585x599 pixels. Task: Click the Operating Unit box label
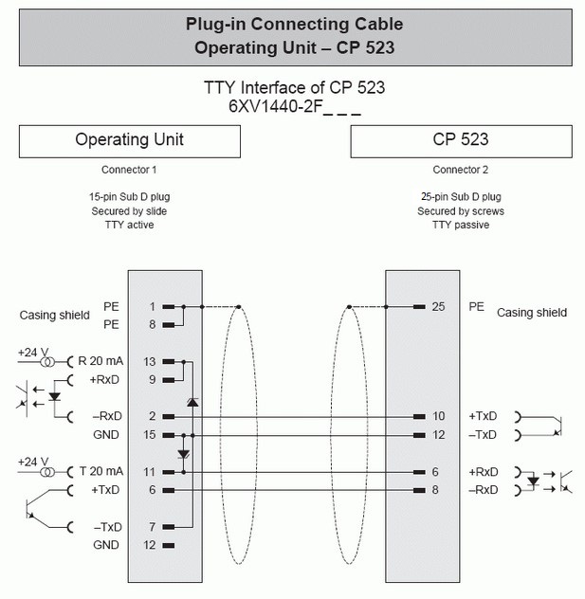click(129, 140)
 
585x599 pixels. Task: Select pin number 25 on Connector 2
click(437, 307)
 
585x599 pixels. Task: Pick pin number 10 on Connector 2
click(437, 416)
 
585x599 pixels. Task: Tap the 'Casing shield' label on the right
click(532, 312)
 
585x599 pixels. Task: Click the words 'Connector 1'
click(129, 171)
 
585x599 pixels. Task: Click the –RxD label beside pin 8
click(484, 490)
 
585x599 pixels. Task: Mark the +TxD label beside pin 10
click(484, 416)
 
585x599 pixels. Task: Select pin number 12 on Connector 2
click(437, 435)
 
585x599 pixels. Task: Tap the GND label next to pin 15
click(106, 435)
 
